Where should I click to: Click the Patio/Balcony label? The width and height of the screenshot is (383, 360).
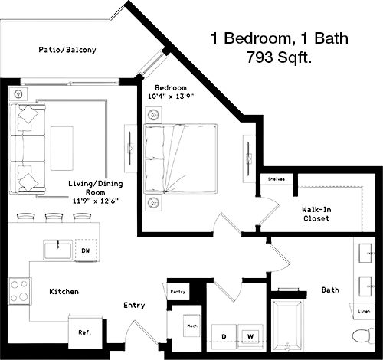(x=67, y=50)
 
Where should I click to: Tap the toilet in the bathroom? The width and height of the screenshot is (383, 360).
(x=364, y=335)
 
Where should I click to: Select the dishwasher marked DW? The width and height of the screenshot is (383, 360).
(x=86, y=250)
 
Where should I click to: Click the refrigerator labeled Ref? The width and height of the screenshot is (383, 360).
(x=85, y=332)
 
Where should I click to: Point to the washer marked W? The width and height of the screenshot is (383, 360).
(x=250, y=337)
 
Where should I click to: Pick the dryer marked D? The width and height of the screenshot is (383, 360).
(x=224, y=337)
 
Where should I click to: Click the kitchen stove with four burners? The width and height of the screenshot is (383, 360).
(x=19, y=291)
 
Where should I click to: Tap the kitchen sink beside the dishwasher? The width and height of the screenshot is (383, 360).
(x=57, y=250)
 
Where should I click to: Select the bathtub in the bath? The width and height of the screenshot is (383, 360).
(x=287, y=326)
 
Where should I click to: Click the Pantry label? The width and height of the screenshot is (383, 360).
(x=178, y=292)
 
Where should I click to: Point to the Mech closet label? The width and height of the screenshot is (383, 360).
(x=192, y=326)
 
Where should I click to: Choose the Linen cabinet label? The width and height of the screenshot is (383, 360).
(x=364, y=311)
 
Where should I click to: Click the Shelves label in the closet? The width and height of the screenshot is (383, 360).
(x=276, y=179)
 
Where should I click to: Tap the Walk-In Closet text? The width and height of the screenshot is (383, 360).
(x=316, y=214)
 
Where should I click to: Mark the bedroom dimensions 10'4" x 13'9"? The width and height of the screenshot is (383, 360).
(x=171, y=97)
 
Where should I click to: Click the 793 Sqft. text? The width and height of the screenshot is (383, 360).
(x=279, y=57)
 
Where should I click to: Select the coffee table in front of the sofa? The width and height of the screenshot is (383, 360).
(x=62, y=149)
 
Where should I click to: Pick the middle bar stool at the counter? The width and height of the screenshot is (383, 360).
(x=54, y=218)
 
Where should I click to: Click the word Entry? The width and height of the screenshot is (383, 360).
(x=134, y=306)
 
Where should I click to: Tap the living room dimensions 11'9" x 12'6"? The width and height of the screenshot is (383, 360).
(x=96, y=201)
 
